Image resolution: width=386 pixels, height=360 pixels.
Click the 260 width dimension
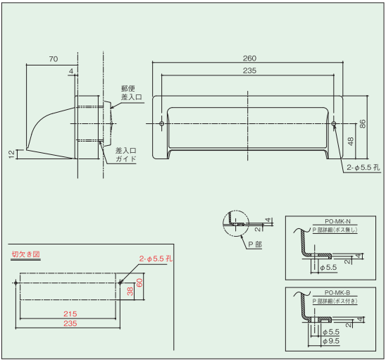point(249,58)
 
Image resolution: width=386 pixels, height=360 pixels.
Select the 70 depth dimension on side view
point(54,59)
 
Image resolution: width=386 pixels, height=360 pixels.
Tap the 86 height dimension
point(363,123)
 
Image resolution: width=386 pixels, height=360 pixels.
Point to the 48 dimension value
point(351,142)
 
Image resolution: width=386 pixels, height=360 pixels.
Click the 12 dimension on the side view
point(11,154)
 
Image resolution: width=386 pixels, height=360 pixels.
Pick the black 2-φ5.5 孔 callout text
point(363,168)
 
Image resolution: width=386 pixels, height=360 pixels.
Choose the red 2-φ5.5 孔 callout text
point(156,259)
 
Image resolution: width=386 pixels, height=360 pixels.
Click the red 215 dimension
point(70,314)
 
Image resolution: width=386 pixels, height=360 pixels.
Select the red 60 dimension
point(139,283)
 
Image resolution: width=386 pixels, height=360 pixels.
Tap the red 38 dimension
point(130,291)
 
